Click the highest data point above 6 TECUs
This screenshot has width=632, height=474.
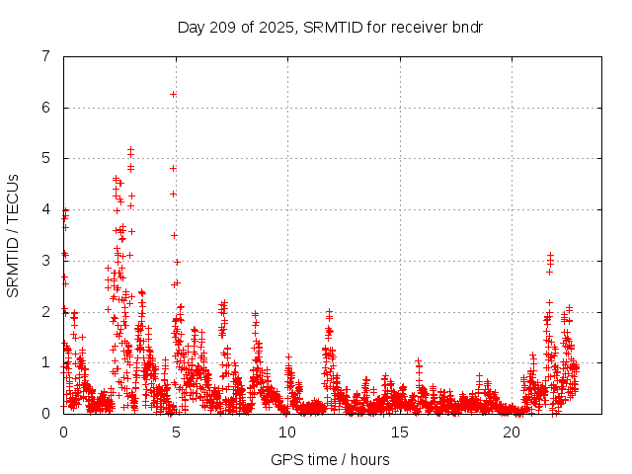pyautogui.click(x=173, y=94)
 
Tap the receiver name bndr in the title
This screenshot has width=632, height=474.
pyautogui.click(x=462, y=27)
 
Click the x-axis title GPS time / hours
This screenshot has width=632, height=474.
pyautogui.click(x=330, y=459)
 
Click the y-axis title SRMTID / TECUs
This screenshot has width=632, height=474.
pyautogui.click(x=13, y=235)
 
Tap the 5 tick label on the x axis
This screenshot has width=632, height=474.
pyautogui.click(x=176, y=432)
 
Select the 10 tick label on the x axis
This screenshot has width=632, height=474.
pyautogui.click(x=287, y=432)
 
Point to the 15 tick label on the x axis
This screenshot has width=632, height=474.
pyautogui.click(x=400, y=432)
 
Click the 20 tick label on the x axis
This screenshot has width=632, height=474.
pyautogui.click(x=512, y=432)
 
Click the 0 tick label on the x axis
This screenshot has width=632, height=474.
pyautogui.click(x=64, y=432)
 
